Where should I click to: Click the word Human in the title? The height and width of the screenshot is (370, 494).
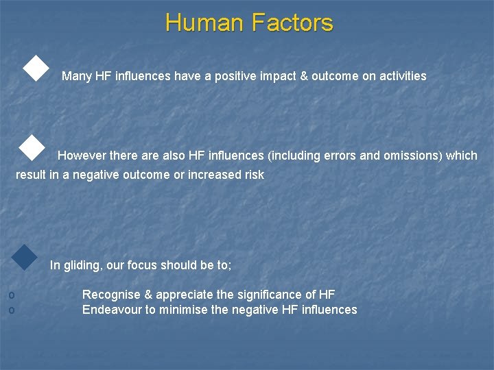204,23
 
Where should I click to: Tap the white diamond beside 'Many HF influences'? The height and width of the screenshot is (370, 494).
36,69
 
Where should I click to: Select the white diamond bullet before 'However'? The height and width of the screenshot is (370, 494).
31,147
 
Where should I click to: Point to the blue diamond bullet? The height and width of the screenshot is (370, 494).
25,257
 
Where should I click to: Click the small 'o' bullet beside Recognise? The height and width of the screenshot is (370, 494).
10,295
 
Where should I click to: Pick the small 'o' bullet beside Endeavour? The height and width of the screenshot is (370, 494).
10,310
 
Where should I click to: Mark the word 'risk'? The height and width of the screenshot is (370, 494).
254,175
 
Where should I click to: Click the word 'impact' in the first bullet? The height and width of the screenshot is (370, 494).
279,77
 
